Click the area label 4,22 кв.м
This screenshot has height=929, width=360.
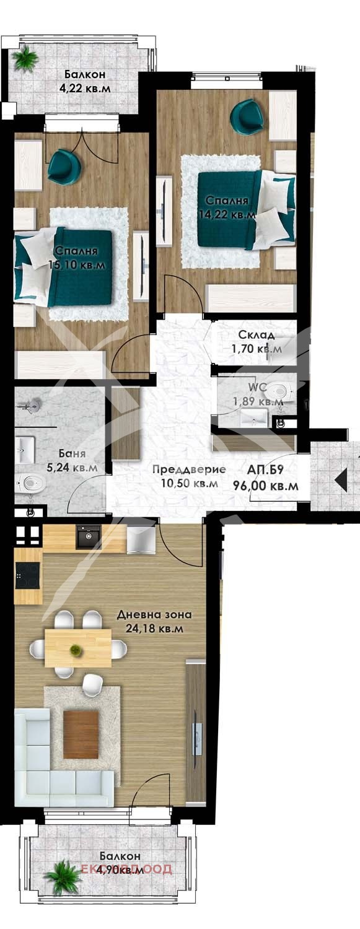coord(84,89)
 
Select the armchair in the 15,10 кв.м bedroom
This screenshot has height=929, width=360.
coord(64,165)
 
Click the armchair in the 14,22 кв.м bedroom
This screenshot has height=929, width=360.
coord(247,116)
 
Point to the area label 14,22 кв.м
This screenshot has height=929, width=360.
coord(226,215)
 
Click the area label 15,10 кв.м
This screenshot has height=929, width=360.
coord(75,265)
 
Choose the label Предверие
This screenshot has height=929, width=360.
coord(189,469)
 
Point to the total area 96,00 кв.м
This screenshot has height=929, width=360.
coord(265,486)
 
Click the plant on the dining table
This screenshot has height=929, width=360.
coord(76,650)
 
